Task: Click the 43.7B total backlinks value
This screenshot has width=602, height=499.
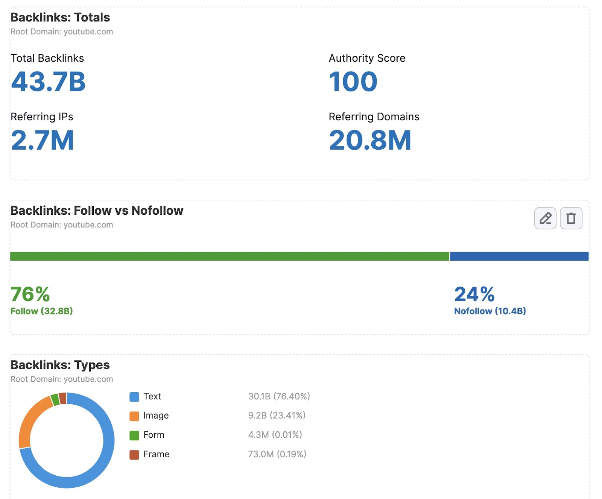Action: (48, 82)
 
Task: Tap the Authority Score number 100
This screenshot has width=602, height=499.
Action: (353, 82)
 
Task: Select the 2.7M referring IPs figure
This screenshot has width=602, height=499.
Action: (42, 140)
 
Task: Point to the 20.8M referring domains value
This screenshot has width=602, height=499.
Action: (370, 140)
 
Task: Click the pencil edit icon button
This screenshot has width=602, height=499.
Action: (545, 218)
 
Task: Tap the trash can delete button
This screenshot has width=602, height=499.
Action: (571, 218)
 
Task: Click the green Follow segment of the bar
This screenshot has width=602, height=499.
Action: (230, 256)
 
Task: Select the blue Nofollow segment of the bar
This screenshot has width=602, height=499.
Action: (519, 256)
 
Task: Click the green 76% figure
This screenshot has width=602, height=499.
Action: (30, 294)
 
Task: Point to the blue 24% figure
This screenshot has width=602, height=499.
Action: (474, 294)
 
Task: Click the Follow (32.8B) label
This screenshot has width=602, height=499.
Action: (41, 311)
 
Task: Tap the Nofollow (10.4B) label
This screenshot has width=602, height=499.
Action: (490, 311)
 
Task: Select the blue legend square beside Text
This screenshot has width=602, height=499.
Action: (134, 397)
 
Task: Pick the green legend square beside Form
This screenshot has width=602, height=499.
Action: (134, 435)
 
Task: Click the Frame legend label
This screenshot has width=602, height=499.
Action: (156, 454)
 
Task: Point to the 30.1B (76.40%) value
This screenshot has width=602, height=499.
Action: (279, 396)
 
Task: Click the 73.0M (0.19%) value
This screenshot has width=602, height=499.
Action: (277, 454)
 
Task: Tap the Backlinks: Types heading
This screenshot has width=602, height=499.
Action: (60, 365)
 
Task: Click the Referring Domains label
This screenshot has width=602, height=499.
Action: (374, 117)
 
